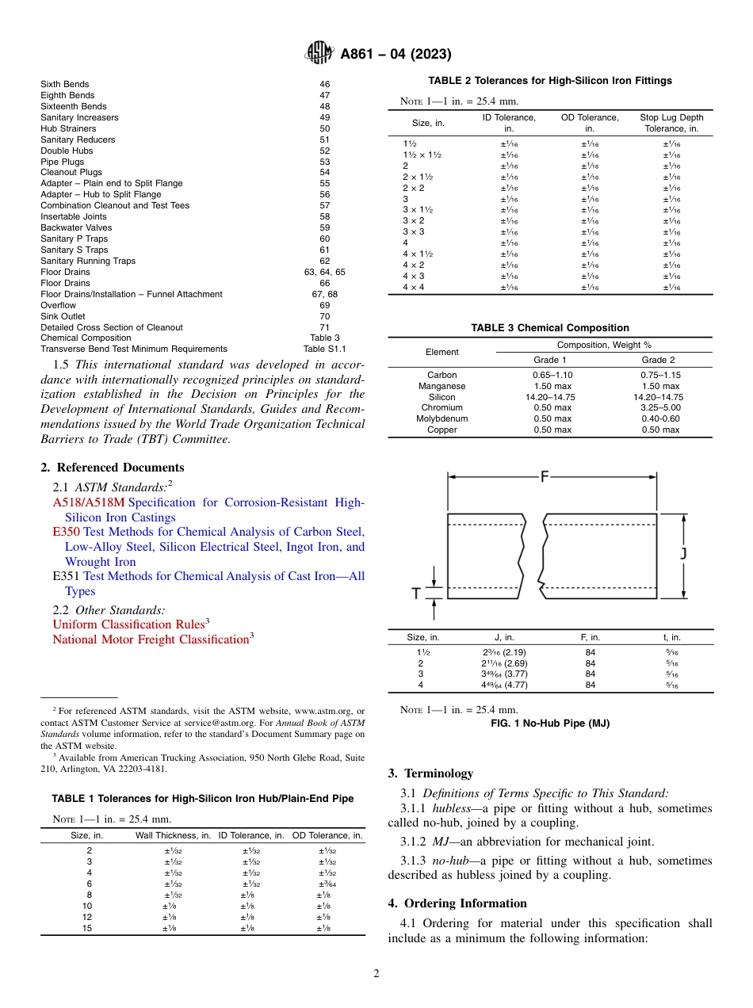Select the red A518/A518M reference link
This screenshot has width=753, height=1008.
[89, 502]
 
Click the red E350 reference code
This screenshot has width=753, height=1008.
[66, 532]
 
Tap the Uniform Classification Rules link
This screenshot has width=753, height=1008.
[128, 624]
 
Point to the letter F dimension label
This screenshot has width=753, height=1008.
[545, 477]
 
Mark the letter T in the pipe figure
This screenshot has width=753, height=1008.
[415, 594]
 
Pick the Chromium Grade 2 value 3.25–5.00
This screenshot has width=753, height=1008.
[660, 408]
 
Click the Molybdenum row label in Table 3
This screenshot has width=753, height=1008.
[441, 419]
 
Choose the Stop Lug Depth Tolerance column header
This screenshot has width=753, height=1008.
[671, 123]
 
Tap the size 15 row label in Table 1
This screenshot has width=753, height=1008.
[87, 928]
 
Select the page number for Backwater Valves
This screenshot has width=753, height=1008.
[325, 227]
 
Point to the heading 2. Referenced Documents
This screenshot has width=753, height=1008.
[113, 468]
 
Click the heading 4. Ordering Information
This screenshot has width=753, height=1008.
[457, 903]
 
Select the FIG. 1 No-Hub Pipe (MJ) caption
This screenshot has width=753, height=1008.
[549, 723]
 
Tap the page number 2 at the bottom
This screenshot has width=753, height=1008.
[376, 974]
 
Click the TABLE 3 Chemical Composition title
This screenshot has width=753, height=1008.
[549, 327]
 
